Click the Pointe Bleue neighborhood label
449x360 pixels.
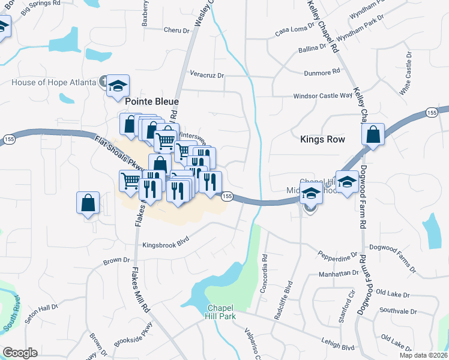pyautogui.click(x=151, y=102)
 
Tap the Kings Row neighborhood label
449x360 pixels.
pyautogui.click(x=322, y=139)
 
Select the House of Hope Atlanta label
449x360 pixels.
pyautogui.click(x=53, y=82)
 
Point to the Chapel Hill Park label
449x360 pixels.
pyautogui.click(x=218, y=311)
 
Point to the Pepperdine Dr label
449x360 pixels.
pyautogui.click(x=337, y=258)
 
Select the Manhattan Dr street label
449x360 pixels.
pyautogui.click(x=338, y=273)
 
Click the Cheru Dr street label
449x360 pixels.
pyautogui.click(x=176, y=29)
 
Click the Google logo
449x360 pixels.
pyautogui.click(x=20, y=353)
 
